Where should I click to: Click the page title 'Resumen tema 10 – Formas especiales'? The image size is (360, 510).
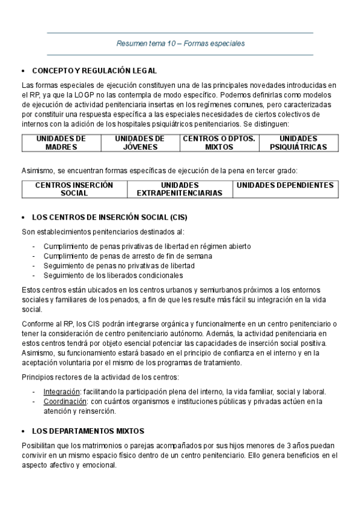(x=180, y=43)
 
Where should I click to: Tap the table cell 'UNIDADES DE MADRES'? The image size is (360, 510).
(x=61, y=143)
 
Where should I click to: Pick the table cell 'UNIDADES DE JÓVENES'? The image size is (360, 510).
(x=139, y=143)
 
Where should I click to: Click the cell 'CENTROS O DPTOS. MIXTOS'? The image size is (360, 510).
(x=219, y=143)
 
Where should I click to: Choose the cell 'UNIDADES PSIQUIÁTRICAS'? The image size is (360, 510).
(x=298, y=143)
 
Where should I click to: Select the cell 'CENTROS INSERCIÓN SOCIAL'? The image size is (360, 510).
(x=75, y=189)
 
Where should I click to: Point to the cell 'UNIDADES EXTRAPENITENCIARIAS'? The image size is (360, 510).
(x=180, y=189)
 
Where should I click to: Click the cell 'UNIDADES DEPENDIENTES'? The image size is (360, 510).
(x=285, y=185)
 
